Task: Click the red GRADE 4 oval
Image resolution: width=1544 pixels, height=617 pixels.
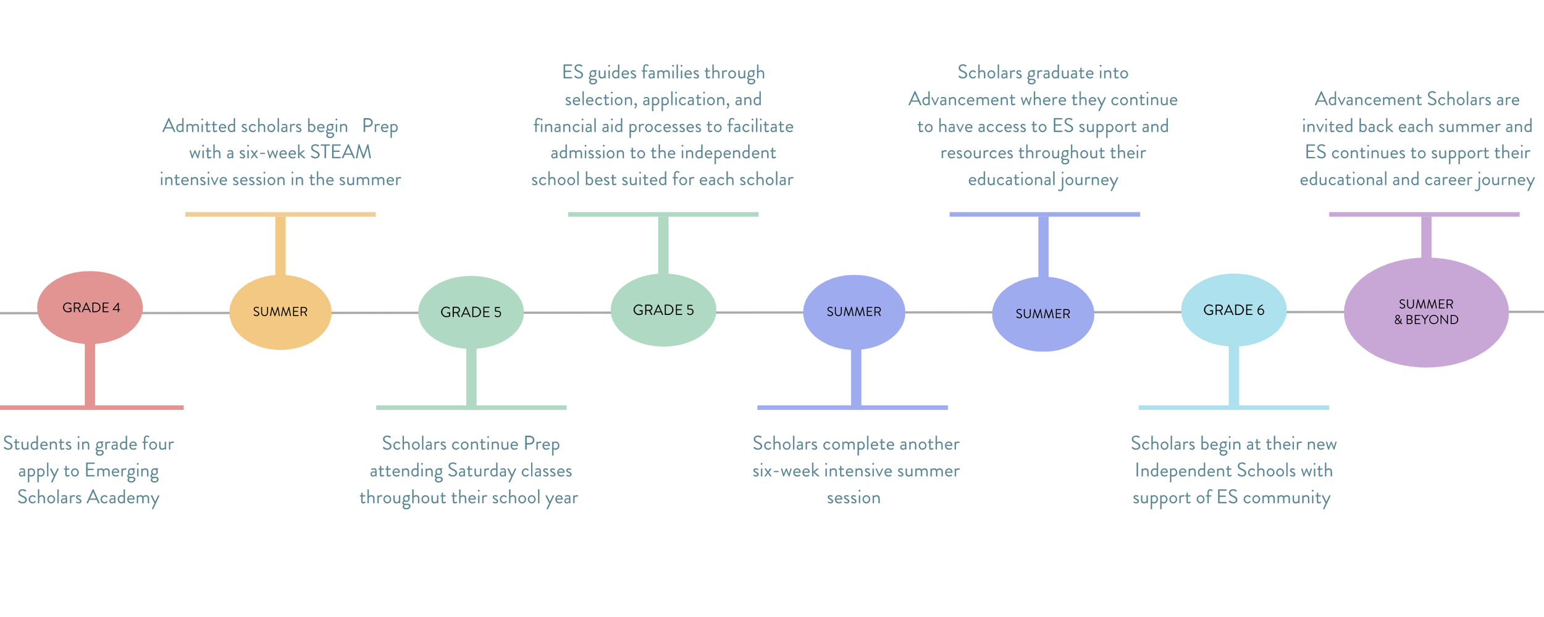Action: (x=90, y=308)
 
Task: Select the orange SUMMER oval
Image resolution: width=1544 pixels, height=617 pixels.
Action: (x=280, y=312)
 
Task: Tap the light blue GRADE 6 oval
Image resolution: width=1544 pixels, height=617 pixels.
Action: (x=1233, y=310)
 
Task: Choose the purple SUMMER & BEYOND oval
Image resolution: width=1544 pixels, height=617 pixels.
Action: (x=1426, y=312)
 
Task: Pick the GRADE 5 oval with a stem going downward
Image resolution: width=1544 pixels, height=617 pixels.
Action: (x=471, y=312)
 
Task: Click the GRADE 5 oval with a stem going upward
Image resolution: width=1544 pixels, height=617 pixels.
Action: (x=663, y=310)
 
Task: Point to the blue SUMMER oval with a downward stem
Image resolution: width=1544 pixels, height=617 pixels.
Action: (x=854, y=312)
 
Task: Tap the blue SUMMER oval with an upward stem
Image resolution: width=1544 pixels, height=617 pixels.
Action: (x=1043, y=314)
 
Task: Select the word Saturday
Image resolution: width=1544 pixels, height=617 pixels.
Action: (x=482, y=471)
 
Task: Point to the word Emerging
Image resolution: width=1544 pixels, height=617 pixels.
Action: (x=122, y=471)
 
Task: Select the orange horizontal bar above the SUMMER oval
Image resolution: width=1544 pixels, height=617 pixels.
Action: (x=280, y=214)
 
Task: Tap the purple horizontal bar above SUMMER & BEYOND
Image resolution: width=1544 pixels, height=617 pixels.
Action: (x=1424, y=214)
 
